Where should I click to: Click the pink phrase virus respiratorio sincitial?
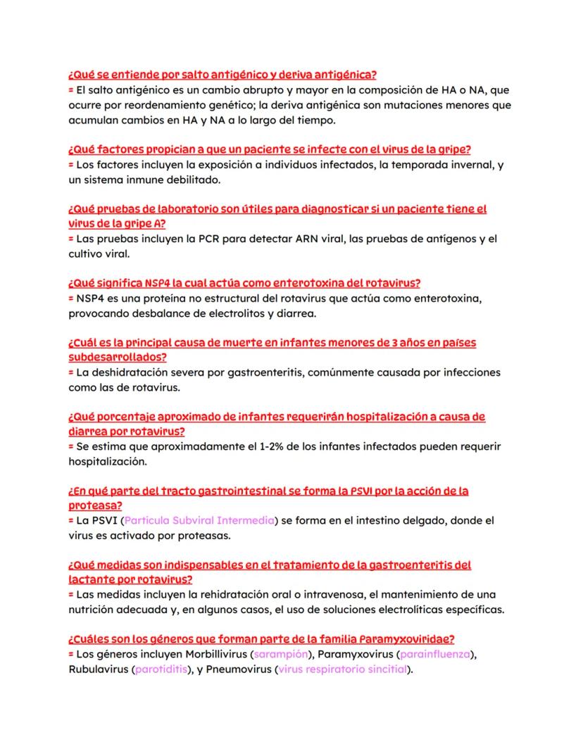(343, 669)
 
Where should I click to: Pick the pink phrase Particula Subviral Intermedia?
(199, 520)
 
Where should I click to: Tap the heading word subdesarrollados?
(117, 357)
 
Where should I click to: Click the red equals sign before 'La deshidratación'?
(71, 372)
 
